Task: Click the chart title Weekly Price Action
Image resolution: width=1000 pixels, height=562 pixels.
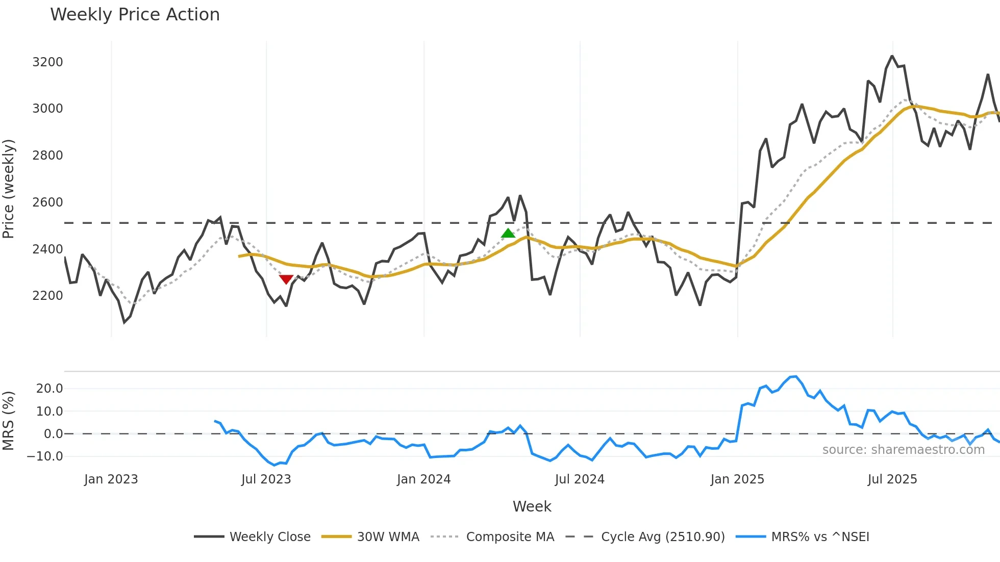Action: [135, 14]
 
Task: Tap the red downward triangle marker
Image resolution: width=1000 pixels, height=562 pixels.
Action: [286, 279]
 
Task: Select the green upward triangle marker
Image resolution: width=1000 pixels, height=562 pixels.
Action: [508, 234]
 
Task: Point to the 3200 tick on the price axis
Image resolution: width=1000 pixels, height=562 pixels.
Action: [47, 62]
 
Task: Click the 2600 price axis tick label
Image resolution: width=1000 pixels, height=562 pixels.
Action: [47, 202]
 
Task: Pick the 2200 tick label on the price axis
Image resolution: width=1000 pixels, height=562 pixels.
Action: [47, 296]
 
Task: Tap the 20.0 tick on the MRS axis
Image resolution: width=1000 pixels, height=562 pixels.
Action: [49, 389]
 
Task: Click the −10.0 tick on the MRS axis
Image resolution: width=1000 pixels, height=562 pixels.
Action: [45, 456]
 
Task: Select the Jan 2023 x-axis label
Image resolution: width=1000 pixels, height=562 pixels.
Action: [111, 479]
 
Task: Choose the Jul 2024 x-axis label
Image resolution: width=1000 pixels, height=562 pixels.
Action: [580, 479]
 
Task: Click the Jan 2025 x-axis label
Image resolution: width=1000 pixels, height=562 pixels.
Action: [737, 479]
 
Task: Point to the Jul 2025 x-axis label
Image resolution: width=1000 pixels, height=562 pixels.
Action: [892, 479]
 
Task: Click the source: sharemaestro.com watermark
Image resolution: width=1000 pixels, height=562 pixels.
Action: [903, 450]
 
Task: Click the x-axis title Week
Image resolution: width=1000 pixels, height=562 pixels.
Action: [532, 506]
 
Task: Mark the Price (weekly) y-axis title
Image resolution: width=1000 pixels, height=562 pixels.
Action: [8, 189]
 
